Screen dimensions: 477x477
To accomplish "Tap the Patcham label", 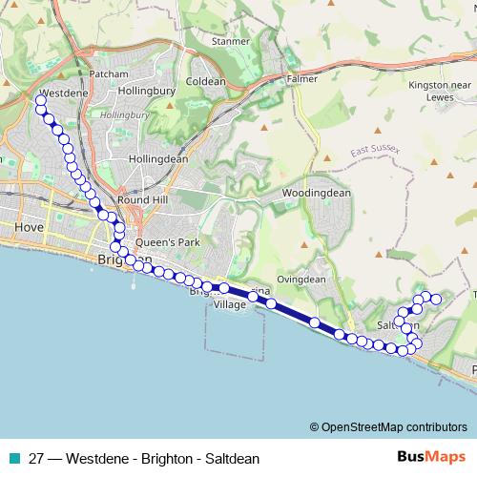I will pos(107,73).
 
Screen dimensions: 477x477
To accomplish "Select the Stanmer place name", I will pos(230,42).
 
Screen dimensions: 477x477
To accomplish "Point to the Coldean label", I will pos(206,82).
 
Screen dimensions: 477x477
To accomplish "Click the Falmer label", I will pos(302,79).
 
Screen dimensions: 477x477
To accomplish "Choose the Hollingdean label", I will pos(157,158).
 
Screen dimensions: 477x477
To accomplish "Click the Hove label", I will pos(31,229).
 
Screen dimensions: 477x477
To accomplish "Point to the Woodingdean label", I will pos(318,193).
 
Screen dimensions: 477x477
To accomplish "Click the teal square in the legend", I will pos(13,458).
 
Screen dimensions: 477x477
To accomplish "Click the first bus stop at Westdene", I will pos(40,99).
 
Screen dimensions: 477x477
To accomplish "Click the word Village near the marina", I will pos(229,304).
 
